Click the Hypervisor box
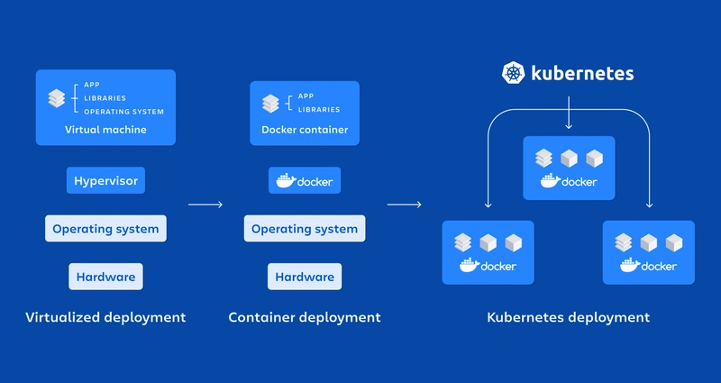105,181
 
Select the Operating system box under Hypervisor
105,229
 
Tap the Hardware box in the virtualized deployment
105,277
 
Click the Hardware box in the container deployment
305,277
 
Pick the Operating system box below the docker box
305,229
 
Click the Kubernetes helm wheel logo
514,74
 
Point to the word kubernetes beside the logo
582,74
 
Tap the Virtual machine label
105,130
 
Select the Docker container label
305,130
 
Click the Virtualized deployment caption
105,317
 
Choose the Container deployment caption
305,317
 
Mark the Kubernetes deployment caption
568,317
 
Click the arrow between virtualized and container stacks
205,205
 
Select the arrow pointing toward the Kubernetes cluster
405,205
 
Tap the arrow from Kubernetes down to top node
569,117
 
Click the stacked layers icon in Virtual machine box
56,98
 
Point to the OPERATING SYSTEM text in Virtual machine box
123,112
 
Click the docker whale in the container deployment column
285,181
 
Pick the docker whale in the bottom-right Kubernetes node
629,265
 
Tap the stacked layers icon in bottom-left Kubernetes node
463,242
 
